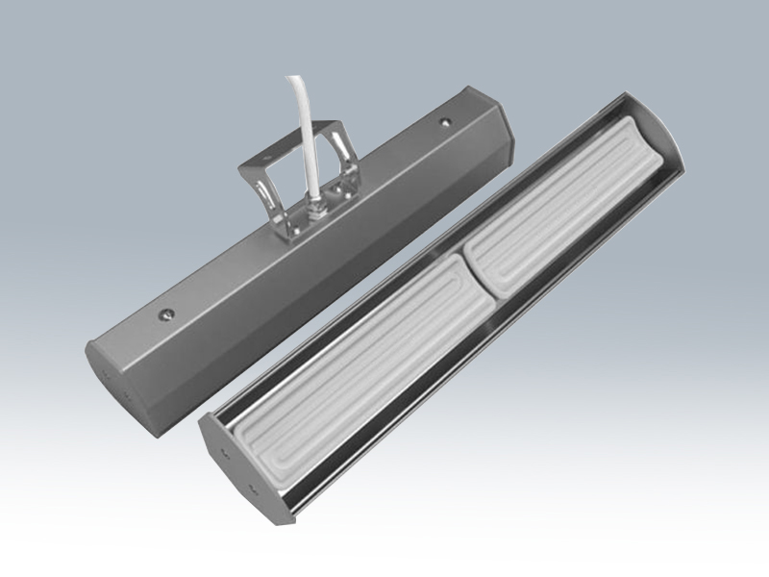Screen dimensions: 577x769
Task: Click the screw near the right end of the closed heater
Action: (x=444, y=123)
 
